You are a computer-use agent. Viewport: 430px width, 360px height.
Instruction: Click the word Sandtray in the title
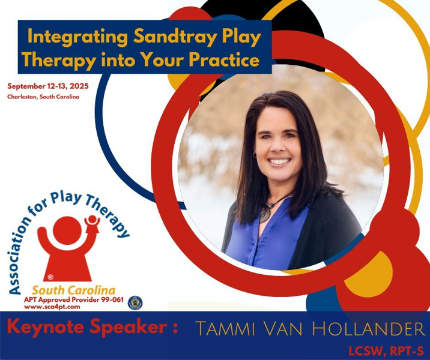163,37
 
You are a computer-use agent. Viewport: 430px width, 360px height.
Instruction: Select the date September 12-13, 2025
48,86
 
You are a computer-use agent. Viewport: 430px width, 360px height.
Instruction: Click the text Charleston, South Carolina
43,97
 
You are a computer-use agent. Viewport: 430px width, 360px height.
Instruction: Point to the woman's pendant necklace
265,214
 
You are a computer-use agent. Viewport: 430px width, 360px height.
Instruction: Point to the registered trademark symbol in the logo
50,277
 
